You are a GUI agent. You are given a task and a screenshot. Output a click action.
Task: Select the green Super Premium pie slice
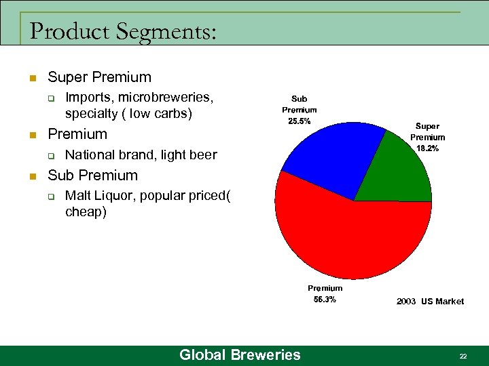[397, 169]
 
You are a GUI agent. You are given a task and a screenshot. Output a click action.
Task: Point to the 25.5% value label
[300, 121]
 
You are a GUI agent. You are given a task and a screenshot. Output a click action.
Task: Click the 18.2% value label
[427, 148]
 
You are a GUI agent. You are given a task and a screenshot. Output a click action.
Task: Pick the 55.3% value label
[325, 300]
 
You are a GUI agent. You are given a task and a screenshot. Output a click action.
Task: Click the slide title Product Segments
[123, 31]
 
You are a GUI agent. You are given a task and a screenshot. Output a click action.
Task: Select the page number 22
[463, 356]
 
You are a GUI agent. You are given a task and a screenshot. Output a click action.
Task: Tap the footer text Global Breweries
[239, 354]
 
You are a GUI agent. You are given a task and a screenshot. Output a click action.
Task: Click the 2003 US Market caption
[430, 302]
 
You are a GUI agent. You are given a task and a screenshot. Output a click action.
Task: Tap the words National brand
[103, 155]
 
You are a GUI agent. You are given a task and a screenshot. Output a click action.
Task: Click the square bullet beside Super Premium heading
[31, 77]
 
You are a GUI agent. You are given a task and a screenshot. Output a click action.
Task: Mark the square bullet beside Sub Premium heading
[31, 176]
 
